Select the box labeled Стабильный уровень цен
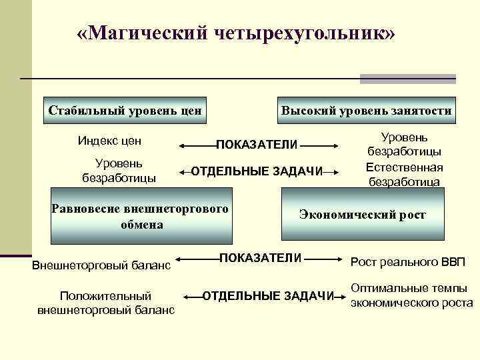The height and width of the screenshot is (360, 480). [125, 110]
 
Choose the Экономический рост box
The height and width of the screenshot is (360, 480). [362, 215]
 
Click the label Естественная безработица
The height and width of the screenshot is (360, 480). [405, 174]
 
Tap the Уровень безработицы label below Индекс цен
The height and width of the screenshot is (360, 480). [118, 170]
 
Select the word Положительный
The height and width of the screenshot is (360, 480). [105, 295]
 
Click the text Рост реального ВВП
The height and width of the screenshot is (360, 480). [409, 261]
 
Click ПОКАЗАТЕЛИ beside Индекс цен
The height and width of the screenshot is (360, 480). [257, 145]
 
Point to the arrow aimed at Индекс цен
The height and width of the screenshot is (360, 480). [196, 144]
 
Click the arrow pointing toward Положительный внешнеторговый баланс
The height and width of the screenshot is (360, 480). [193, 296]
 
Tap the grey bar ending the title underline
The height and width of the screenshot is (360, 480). [407, 79]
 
